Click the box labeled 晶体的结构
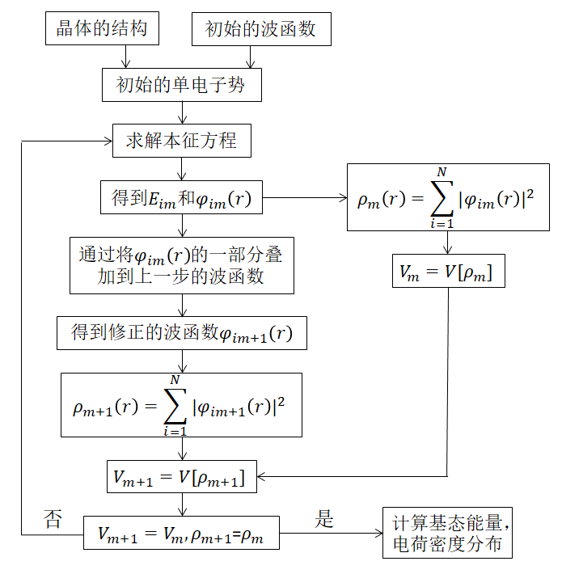point(102,30)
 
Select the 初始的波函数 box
point(260,30)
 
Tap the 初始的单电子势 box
point(183,84)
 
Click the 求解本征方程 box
point(182,141)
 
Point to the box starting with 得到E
point(182,198)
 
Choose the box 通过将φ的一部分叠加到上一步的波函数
point(181,266)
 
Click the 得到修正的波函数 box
point(182,333)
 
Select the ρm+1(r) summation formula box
point(182,405)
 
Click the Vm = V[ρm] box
point(448,272)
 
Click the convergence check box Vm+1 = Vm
point(181,533)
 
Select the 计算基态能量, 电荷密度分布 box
point(447,533)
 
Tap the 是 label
point(324,519)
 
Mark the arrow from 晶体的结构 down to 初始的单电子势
point(125,56)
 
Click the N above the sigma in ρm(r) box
point(442,171)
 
